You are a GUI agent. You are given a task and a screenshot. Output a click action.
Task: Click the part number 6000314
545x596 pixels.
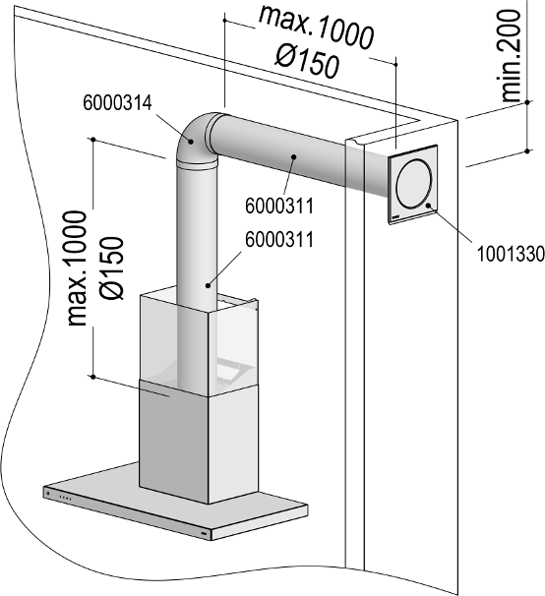[117, 102]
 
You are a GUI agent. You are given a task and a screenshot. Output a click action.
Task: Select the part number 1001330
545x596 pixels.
[511, 254]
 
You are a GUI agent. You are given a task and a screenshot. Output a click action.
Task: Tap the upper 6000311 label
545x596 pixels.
[279, 206]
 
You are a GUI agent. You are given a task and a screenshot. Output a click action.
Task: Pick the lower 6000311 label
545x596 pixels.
[279, 239]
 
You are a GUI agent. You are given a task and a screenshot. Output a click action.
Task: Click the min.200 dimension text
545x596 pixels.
[511, 56]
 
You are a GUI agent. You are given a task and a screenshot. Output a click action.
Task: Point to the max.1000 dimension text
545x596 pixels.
[316, 28]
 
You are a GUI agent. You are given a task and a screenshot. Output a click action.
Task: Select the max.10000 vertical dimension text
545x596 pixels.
[77, 268]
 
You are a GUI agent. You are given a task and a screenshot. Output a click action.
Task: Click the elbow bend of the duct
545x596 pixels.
[192, 139]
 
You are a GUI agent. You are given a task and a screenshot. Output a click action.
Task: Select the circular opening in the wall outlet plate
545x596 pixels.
[414, 184]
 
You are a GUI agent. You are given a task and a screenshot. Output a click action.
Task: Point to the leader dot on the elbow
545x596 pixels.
[191, 142]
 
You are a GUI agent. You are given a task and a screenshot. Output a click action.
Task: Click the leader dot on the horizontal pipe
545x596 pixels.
[293, 155]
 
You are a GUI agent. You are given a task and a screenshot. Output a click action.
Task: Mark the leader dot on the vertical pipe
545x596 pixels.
[208, 285]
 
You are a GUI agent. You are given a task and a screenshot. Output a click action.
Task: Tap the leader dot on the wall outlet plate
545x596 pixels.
[428, 206]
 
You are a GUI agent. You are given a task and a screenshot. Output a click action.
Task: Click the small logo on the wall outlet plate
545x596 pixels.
[395, 218]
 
